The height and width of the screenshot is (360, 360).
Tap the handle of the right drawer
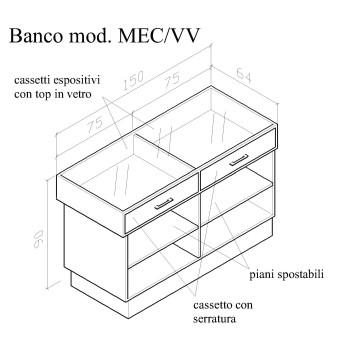(x=238, y=160)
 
